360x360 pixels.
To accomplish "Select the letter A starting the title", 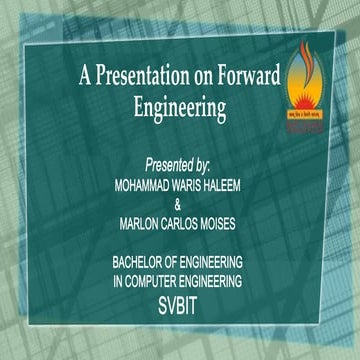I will point(84,75).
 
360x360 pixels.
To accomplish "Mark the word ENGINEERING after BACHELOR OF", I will point(238,263).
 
